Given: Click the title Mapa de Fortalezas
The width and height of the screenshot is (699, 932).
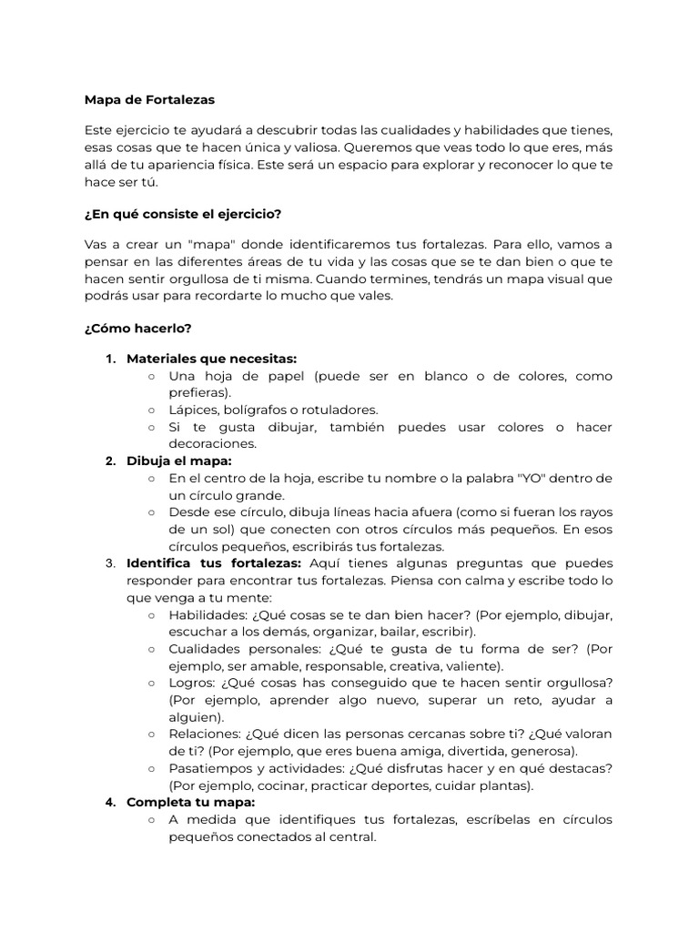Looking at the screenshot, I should point(149,99).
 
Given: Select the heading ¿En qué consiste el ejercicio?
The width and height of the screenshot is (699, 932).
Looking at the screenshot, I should point(182,214).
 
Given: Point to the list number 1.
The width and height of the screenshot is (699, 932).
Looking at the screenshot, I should point(110,359).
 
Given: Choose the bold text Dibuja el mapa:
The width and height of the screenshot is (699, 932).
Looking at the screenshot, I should point(179,461).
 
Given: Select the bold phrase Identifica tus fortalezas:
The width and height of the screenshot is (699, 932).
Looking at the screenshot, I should point(214,563).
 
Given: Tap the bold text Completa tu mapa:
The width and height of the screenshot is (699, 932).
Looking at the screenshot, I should point(191,802).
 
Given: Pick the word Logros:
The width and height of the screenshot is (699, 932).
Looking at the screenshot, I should point(192,683).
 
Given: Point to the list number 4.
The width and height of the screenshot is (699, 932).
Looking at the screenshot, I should point(110,802).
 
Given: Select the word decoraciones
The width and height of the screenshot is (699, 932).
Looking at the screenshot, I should point(212,444).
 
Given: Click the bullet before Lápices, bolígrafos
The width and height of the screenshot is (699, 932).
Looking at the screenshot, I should point(151,410).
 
